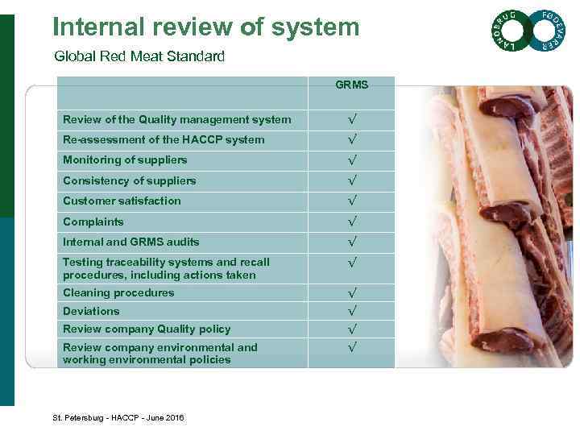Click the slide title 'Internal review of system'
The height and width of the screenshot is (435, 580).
tap(205, 27)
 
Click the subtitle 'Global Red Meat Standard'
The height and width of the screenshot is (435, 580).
tap(139, 56)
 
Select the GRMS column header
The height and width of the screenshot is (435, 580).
tap(352, 84)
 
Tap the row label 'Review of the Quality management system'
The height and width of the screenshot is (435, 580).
tap(176, 119)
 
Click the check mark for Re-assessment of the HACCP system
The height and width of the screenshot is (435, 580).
tap(352, 139)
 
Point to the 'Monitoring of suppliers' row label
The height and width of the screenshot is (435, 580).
tap(125, 159)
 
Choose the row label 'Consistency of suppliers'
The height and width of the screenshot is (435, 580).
tap(129, 180)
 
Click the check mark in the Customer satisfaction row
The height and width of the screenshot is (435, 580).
tap(352, 201)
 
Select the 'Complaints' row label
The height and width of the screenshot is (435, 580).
tap(93, 222)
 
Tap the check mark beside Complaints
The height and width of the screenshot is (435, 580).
tap(352, 222)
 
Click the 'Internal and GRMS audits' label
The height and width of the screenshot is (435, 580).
tap(130, 242)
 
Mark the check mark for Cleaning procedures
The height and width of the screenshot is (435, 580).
tap(352, 293)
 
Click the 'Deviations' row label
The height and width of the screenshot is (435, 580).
tap(91, 311)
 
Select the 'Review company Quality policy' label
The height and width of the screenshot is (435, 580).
tap(147, 329)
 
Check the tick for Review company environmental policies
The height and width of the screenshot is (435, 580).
tap(352, 347)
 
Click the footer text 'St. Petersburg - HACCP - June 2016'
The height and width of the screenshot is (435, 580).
tap(118, 417)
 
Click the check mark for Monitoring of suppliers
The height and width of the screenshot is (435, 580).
tap(352, 159)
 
